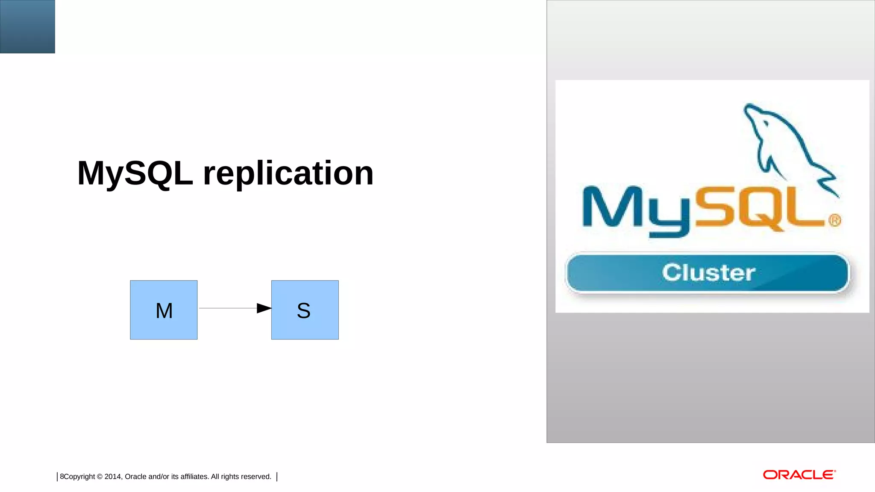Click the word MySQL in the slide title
[135, 173]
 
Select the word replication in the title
[288, 173]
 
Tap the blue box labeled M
[164, 310]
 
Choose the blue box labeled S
[305, 310]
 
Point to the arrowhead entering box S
[264, 308]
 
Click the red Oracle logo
[799, 475]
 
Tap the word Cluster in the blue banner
[708, 272]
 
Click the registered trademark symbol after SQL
[834, 220]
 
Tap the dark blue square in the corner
[27, 26]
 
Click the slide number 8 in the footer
[62, 477]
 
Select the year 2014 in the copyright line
[113, 477]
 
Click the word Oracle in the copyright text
[135, 477]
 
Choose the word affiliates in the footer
[194, 477]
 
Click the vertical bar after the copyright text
[277, 477]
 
